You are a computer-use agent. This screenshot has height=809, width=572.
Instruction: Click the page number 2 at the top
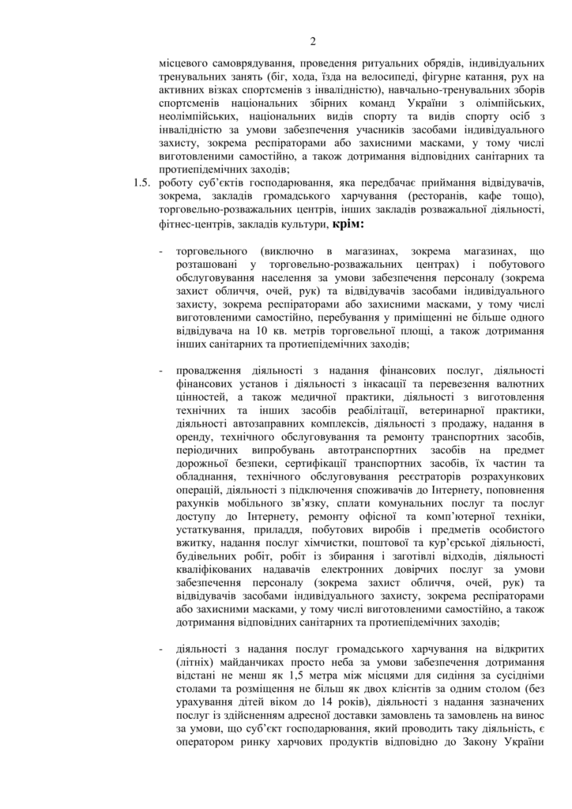pyautogui.click(x=313, y=42)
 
